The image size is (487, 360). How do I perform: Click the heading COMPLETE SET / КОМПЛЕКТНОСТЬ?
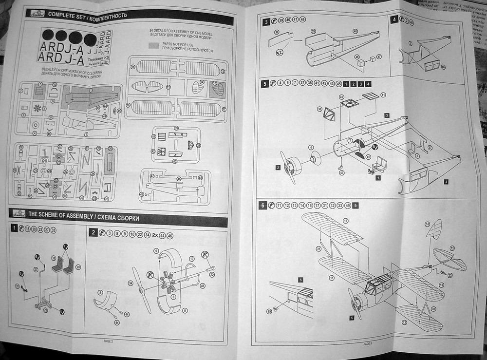(x=88, y=15)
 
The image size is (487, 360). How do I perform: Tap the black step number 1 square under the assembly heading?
(x=15, y=228)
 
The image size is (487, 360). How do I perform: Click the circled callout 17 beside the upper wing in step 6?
(x=346, y=221)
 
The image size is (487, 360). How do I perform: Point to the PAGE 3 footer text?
(x=367, y=343)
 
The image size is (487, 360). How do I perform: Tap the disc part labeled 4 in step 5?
(x=314, y=158)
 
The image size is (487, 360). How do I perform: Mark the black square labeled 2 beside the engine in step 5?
(x=277, y=168)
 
